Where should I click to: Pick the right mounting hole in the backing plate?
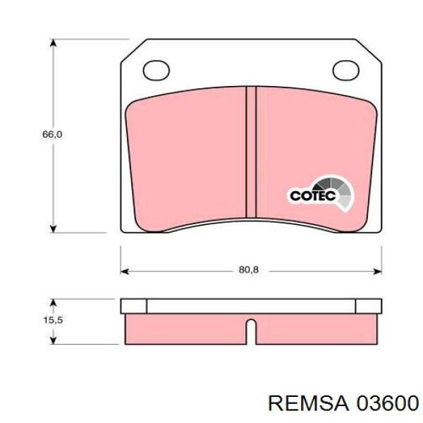(x=345, y=70)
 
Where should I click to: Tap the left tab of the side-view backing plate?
(x=134, y=305)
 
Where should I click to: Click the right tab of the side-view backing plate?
(x=368, y=305)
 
